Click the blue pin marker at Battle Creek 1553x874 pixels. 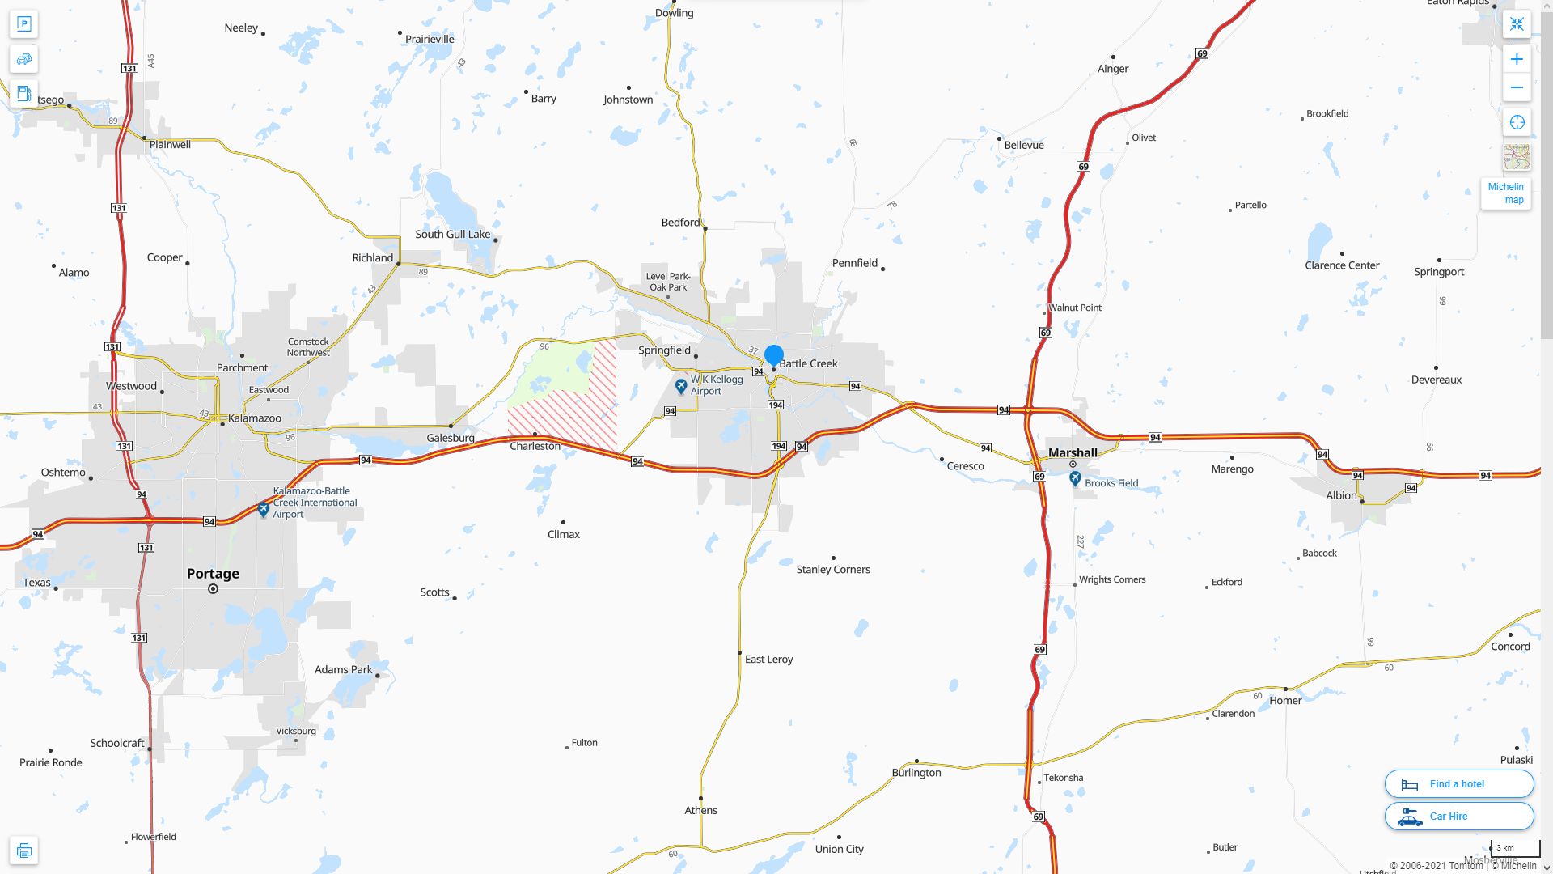774,355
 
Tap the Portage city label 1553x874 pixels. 213,574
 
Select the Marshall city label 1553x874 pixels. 1073,452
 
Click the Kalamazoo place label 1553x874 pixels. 255,418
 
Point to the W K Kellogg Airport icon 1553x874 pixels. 681,386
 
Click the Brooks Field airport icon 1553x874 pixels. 1075,479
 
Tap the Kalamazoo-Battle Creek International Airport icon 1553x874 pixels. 263,510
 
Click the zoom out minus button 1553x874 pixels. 1517,87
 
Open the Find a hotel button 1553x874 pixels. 1458,783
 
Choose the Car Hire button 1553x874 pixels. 1458,816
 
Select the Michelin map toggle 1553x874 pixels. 1505,193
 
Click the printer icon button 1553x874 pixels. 24,850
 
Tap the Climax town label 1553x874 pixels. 564,534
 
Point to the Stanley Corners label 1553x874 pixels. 833,570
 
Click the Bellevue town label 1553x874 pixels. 1024,146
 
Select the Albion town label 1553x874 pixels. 1341,495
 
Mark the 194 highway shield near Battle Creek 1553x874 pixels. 776,405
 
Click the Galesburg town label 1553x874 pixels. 451,438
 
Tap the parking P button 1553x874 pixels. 24,24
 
